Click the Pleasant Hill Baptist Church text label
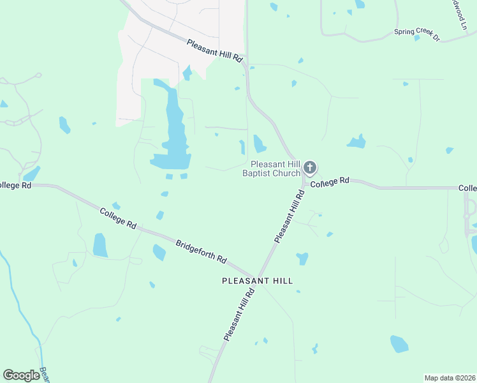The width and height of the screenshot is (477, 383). coord(271,169)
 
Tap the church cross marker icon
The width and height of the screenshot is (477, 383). coord(309,168)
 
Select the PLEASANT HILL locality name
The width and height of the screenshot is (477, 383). coord(257,280)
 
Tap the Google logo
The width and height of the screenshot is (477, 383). coord(21,375)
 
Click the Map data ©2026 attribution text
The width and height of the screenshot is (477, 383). coord(450,377)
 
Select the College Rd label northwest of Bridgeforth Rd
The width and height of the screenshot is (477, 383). coord(119,217)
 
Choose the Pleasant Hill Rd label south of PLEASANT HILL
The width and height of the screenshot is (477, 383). coord(239,313)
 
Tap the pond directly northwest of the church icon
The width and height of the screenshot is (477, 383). coord(259,144)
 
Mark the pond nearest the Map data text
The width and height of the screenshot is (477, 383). coord(399,343)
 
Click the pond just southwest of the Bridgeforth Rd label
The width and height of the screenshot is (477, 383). coord(159,252)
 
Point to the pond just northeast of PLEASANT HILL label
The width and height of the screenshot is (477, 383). coord(302,259)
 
